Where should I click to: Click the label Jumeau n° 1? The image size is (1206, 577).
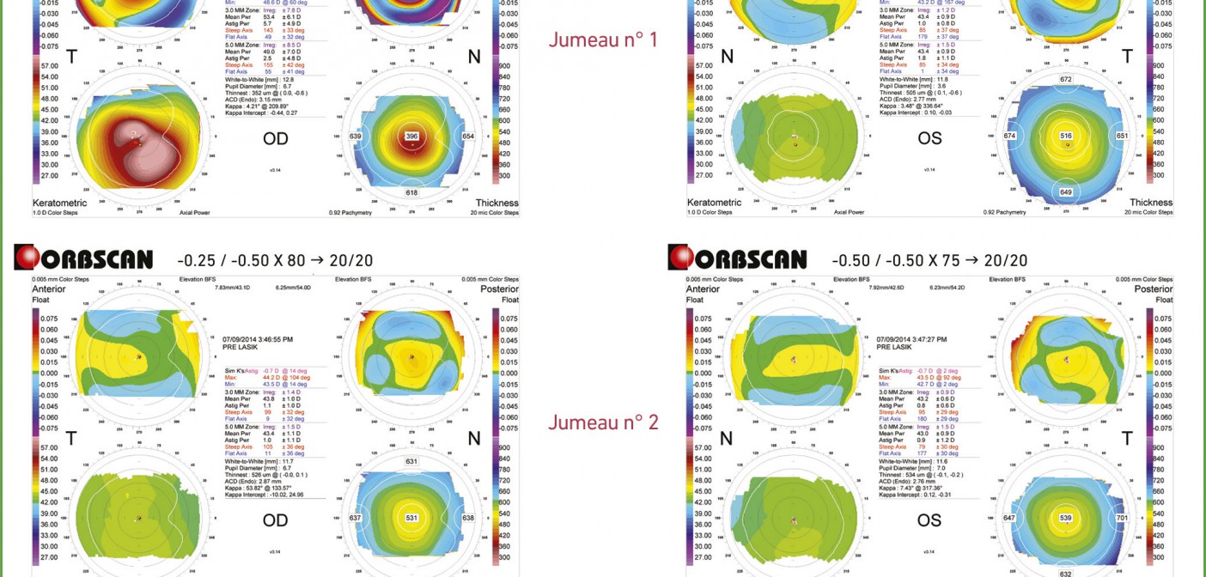(603, 39)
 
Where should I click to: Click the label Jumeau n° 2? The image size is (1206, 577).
(603, 422)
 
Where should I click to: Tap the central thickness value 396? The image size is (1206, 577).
(411, 136)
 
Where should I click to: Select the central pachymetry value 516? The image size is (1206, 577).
(1066, 136)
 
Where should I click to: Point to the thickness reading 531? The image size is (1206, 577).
(411, 517)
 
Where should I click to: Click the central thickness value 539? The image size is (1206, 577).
(1066, 518)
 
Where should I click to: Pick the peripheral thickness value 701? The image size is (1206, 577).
(1122, 518)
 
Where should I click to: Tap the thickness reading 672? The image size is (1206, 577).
(1066, 80)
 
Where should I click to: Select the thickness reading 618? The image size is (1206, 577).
(411, 193)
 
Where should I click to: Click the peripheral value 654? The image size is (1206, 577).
(468, 137)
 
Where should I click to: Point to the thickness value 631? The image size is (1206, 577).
(411, 461)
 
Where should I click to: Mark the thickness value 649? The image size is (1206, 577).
(1066, 192)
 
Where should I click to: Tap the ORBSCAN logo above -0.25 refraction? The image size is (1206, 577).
(83, 258)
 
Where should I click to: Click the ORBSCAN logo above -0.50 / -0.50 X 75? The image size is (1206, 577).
(738, 258)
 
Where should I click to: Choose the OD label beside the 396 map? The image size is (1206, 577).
(276, 139)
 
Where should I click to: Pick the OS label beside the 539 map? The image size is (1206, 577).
(929, 520)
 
